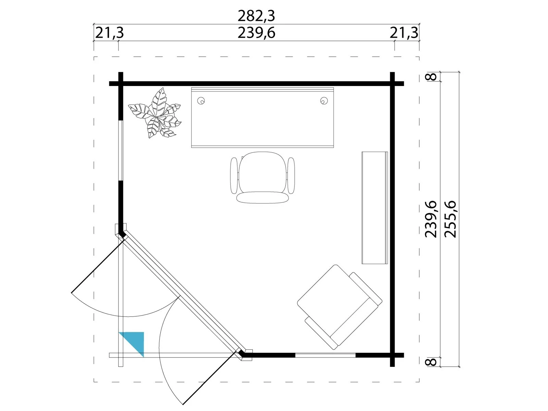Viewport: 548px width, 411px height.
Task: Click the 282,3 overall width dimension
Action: [x=256, y=16]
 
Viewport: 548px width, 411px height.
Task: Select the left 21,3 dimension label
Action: [x=109, y=33]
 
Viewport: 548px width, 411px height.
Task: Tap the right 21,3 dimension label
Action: [x=404, y=33]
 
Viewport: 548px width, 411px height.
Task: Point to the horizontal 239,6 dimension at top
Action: [x=256, y=33]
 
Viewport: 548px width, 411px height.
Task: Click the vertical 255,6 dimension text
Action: [x=451, y=219]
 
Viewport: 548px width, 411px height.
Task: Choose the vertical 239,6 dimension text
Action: [x=431, y=219]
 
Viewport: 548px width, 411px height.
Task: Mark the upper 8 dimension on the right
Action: [x=431, y=77]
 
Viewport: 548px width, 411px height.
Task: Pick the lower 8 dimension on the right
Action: [x=431, y=362]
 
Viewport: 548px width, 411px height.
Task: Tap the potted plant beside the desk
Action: [x=155, y=114]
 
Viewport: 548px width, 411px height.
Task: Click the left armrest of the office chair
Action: [x=234, y=175]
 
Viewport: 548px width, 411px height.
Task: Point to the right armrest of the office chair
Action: [x=291, y=175]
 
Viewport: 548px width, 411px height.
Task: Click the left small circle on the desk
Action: [x=201, y=101]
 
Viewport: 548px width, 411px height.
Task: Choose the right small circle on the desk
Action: [x=324, y=101]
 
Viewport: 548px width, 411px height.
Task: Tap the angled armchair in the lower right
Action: [x=339, y=307]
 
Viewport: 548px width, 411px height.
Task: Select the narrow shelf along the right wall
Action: [x=375, y=208]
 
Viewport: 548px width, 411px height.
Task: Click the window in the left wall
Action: [x=121, y=150]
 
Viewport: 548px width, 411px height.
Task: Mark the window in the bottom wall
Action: [x=325, y=355]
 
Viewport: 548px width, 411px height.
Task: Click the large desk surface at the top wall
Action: [x=262, y=117]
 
